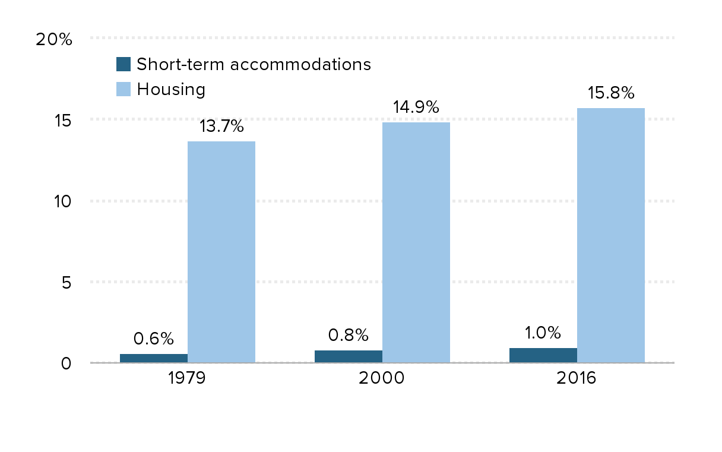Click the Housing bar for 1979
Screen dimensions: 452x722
click(x=221, y=252)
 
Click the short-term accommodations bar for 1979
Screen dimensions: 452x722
click(x=154, y=358)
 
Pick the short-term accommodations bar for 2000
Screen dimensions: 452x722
click(x=349, y=356)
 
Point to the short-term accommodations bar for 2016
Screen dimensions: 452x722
click(x=543, y=355)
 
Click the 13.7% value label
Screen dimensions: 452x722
click(x=221, y=127)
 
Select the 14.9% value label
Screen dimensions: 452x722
click(x=416, y=108)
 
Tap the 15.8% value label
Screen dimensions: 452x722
click(x=611, y=93)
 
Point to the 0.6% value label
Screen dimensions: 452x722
click(x=154, y=339)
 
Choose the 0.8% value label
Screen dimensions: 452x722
click(x=349, y=336)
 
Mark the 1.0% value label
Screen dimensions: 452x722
click(x=543, y=332)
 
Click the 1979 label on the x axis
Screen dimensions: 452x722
click(x=187, y=378)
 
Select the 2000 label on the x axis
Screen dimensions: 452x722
click(x=382, y=378)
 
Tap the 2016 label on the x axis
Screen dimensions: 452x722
click(x=576, y=378)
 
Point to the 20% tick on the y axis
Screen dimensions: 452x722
click(x=54, y=40)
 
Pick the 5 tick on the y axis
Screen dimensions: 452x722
click(x=65, y=283)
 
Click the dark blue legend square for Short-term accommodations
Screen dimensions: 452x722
click(x=123, y=64)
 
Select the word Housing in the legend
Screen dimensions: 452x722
click(x=171, y=90)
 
